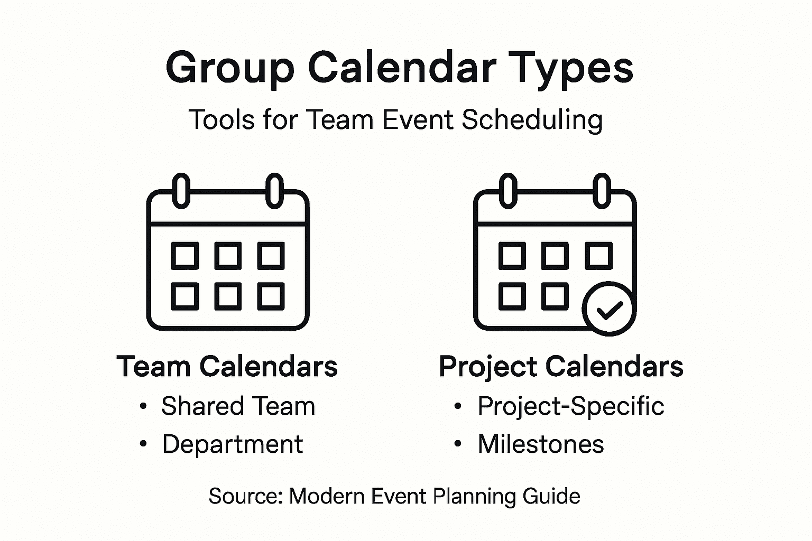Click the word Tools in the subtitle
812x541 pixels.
point(222,119)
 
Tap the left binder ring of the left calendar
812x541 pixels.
point(181,191)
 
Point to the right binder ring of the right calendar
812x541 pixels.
point(602,191)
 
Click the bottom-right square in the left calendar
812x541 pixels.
point(271,296)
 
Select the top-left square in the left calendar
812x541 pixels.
point(185,256)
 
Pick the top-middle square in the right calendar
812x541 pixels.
point(555,256)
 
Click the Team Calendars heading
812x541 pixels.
point(227,366)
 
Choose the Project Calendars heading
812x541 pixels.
point(561,367)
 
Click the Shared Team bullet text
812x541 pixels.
point(238,406)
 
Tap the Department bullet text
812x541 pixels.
point(233,444)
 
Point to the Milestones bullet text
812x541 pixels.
point(541,444)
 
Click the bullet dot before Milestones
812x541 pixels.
point(458,443)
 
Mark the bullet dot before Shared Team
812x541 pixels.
point(143,406)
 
